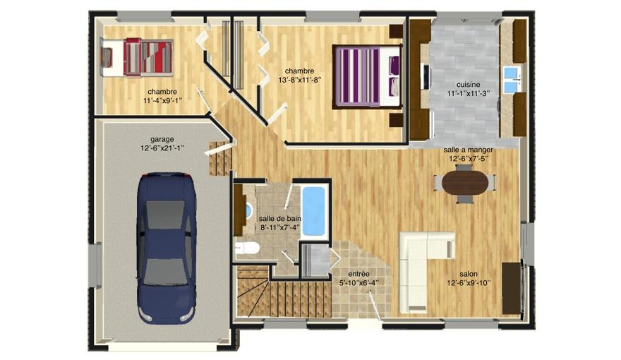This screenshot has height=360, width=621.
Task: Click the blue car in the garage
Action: point(167,248)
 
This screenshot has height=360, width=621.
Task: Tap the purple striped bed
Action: point(367,76)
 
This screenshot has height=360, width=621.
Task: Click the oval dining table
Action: point(465,184)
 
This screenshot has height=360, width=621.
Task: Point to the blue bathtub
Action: point(313,211)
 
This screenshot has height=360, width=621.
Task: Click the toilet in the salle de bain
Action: point(247,248)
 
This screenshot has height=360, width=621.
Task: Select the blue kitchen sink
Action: point(512,79)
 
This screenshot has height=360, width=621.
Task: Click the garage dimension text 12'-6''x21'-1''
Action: point(163,148)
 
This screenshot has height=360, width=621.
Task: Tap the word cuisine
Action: point(468,85)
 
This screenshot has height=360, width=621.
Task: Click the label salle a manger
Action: point(468,150)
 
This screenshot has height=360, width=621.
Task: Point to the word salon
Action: point(469,274)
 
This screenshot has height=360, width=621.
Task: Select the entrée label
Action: point(358,274)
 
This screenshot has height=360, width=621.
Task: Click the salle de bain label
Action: point(279,219)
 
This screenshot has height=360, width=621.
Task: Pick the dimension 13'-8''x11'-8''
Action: point(299,80)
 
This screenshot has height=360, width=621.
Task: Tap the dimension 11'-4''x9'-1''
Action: point(162,101)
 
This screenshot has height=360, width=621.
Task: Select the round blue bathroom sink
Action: point(248,210)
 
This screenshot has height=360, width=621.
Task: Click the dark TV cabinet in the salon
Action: point(512,288)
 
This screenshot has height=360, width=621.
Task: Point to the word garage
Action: point(162,139)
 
